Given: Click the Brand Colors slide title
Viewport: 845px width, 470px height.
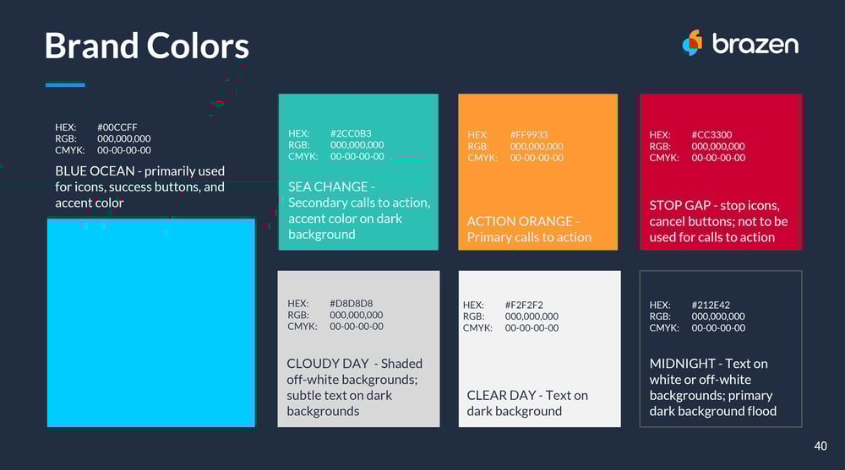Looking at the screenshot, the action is (x=146, y=46).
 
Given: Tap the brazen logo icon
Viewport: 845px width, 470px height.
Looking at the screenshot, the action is (x=693, y=42).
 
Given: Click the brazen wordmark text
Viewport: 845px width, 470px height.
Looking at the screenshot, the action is (x=755, y=44).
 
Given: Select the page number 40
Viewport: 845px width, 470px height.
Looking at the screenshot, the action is (x=820, y=446).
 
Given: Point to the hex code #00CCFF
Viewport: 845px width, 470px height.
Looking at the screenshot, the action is (x=117, y=127).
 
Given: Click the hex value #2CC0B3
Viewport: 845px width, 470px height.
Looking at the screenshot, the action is (x=351, y=133).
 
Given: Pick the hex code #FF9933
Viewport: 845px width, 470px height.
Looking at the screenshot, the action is (x=529, y=135).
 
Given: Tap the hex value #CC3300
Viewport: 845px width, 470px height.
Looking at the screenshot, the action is (x=711, y=135).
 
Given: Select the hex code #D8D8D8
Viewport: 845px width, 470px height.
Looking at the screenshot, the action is (x=351, y=304).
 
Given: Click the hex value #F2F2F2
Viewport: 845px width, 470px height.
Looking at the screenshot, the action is (x=524, y=305).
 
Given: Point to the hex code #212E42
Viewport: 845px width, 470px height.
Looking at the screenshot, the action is (x=711, y=305).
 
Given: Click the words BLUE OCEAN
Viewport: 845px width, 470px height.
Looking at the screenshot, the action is (x=95, y=171).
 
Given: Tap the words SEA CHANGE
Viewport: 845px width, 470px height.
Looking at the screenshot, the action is (x=328, y=186).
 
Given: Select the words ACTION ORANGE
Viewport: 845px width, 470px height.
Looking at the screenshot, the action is (x=520, y=221).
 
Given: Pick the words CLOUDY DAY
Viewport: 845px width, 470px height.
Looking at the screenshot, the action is (x=328, y=364).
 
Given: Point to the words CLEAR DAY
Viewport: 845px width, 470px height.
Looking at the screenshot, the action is (x=501, y=396).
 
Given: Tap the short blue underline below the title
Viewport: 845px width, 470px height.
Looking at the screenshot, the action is (x=65, y=84).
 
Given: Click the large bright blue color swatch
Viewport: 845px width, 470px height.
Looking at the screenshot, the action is (x=151, y=322).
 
